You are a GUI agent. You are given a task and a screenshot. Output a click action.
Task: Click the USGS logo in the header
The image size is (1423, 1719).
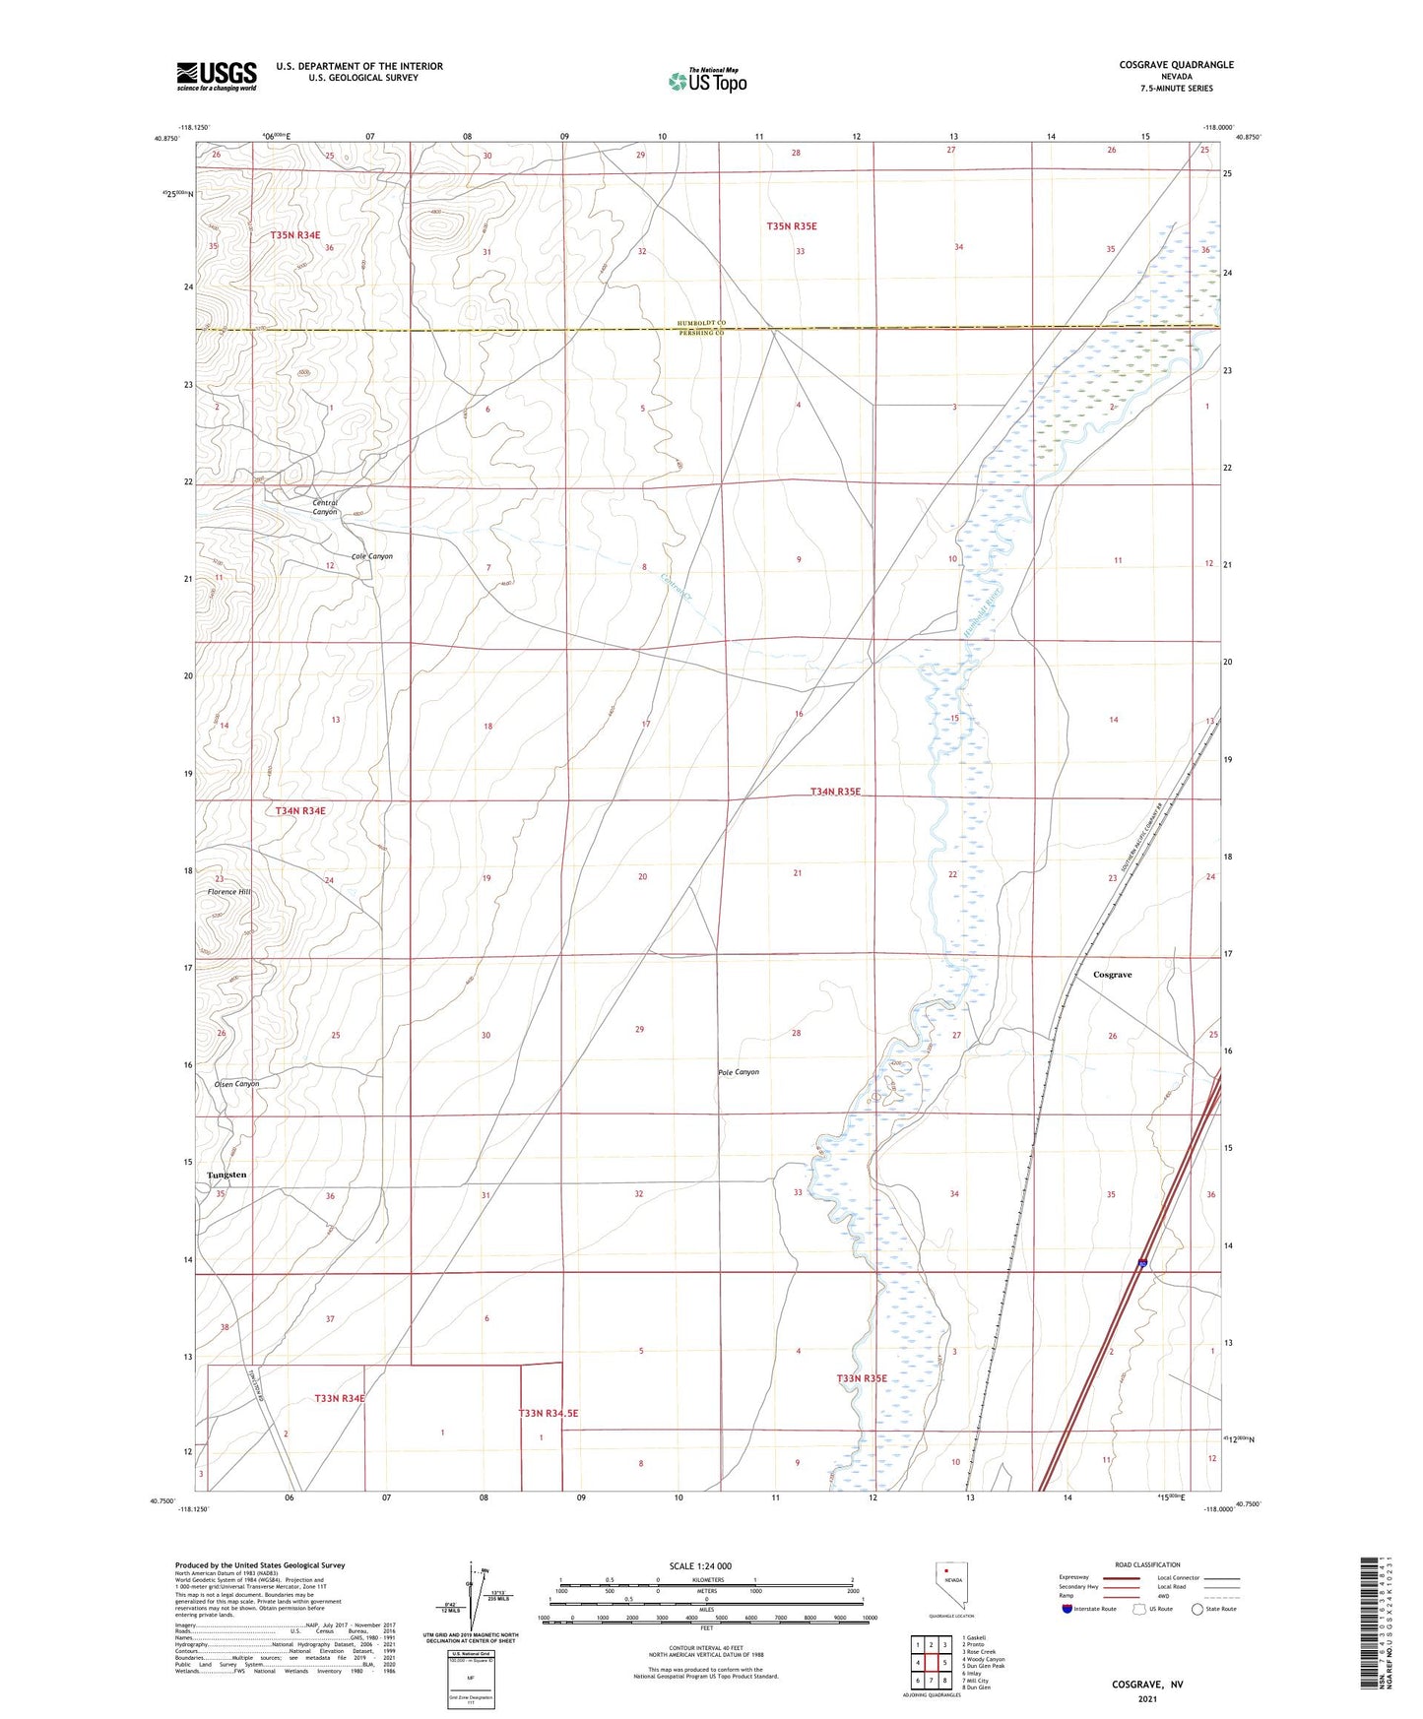coord(217,75)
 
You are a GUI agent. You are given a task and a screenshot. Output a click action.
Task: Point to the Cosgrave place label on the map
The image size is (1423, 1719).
coord(1112,975)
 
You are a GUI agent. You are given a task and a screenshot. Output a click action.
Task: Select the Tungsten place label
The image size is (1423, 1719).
coord(226,1176)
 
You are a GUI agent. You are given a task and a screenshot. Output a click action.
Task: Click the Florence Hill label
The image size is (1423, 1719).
coord(229,892)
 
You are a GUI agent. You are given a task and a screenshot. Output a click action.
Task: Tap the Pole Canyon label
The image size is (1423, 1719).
coord(739,1072)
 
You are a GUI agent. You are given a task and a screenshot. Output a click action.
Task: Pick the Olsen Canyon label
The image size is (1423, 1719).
coord(236,1084)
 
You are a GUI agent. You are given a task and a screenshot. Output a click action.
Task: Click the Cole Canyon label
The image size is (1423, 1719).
coord(371,556)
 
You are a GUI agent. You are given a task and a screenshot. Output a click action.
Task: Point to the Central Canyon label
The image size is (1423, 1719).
coord(325,507)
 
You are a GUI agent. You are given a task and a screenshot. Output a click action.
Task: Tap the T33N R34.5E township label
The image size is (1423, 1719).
coord(549,1413)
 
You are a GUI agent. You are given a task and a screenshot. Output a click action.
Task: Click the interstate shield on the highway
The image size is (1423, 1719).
coord(1141,1263)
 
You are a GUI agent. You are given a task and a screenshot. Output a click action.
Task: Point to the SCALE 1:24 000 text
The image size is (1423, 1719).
coord(700,1565)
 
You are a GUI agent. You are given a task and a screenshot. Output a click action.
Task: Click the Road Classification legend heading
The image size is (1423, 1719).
coord(1147,1564)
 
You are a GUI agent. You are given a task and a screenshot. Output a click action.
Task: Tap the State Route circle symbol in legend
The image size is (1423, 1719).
coord(1197,1609)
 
